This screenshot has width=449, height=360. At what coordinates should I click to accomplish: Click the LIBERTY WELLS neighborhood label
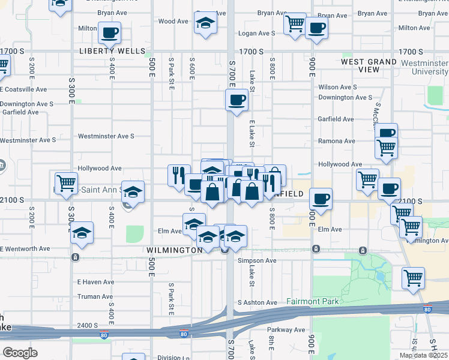coord(112,52)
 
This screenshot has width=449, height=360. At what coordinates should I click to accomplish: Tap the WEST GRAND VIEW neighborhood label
coord(369,65)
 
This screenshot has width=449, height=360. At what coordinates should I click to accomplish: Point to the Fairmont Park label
coord(312,301)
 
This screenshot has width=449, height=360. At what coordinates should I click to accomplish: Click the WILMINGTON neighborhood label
coord(173,250)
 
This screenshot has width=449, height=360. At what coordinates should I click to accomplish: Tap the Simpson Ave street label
coord(257,261)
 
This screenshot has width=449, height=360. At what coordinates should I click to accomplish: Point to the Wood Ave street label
coord(173,22)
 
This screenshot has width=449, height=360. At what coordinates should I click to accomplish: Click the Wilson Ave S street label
coord(337,87)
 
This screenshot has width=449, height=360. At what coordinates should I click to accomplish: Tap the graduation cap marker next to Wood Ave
coord(205,24)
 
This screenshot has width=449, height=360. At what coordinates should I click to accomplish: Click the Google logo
coord(20,352)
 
